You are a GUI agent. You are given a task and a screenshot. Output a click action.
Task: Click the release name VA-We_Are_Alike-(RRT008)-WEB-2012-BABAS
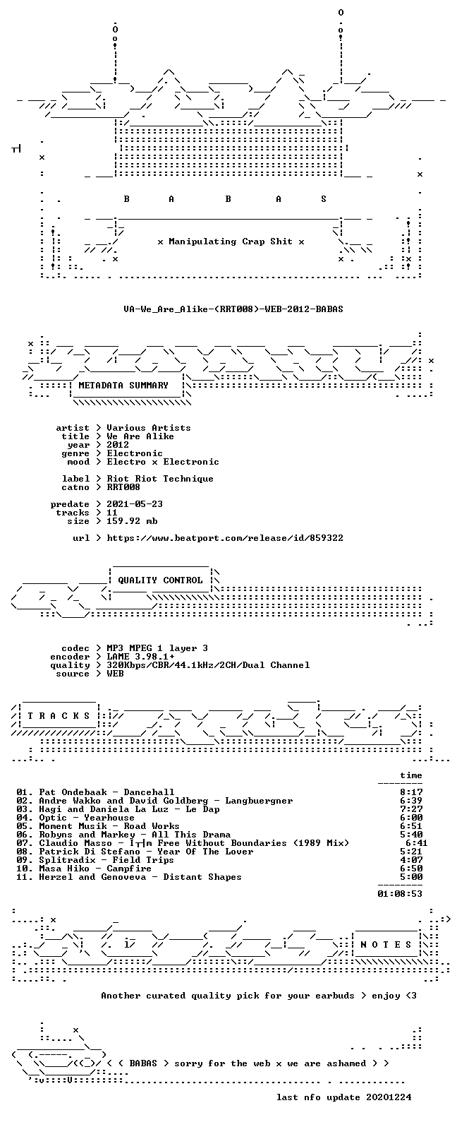tap(233, 309)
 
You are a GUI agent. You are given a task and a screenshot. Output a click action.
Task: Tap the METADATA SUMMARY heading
tap(123, 386)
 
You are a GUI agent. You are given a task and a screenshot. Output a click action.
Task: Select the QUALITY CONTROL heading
tap(160, 580)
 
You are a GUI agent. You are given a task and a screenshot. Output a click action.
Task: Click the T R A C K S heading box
tap(59, 715)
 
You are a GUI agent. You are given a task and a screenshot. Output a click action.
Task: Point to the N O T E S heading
tap(386, 944)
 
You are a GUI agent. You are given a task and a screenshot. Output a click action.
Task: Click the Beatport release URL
tap(225, 538)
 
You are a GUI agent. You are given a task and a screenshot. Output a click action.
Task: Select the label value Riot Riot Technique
tap(160, 479)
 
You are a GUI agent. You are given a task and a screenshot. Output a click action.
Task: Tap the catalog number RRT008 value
tap(123, 487)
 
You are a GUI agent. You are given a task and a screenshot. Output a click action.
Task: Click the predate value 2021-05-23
tap(135, 504)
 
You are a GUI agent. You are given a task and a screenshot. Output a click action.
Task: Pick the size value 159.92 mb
tap(132, 521)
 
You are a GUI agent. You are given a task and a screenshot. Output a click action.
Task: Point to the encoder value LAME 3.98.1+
tap(140, 657)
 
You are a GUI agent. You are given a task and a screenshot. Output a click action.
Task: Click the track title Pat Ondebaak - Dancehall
tap(106, 792)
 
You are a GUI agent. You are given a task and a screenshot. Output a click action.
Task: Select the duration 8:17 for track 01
tap(411, 792)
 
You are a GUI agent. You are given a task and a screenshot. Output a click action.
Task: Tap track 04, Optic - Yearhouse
tap(87, 818)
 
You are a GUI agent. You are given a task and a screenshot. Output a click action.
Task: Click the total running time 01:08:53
tap(400, 894)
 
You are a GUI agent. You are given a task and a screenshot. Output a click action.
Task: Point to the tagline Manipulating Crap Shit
tap(230, 241)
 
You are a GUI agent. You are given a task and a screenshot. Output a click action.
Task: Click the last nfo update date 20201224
tap(389, 1097)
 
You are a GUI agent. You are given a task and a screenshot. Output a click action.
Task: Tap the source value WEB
tap(115, 674)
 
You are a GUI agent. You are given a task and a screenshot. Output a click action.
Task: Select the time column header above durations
tap(410, 775)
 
